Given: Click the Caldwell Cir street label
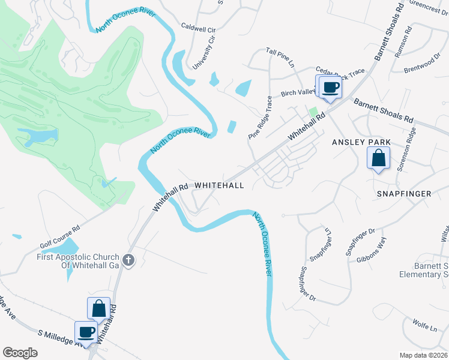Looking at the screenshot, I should coord(198,28).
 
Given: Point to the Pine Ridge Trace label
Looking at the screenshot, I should coord(260,118).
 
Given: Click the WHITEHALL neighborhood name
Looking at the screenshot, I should coord(219,185).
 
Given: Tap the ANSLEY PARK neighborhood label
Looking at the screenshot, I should coord(361,142).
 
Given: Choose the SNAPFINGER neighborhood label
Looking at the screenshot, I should coord(405,194).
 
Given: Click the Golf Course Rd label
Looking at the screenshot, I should coord(60,238).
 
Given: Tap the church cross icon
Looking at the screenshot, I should coord(128,260).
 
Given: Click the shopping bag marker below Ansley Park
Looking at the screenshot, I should coord(379,159).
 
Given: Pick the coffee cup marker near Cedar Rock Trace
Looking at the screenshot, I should coord(330,87).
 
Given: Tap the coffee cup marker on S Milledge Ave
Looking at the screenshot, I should coord(86,332).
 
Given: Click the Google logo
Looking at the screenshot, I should coord(20,353).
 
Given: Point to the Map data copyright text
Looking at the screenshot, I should coord(423,355).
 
